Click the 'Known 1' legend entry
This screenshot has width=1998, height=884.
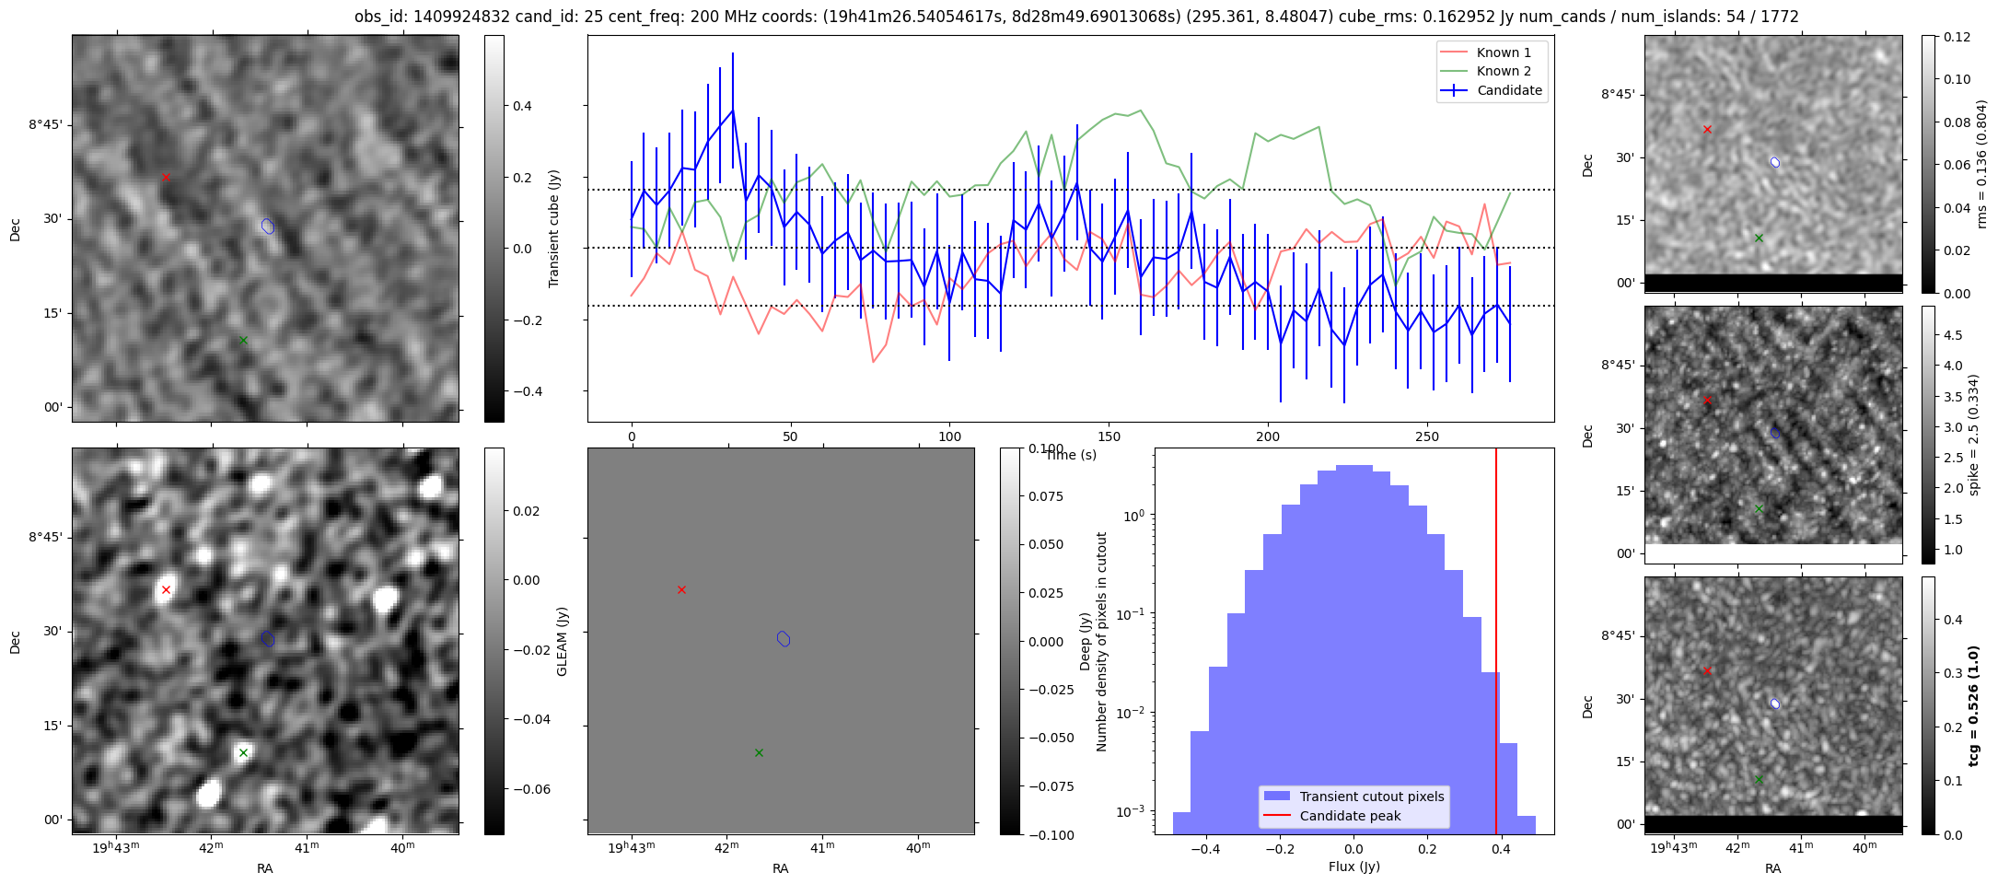(1504, 52)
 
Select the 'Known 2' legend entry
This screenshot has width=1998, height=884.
(1504, 71)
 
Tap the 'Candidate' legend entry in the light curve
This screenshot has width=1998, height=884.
(1509, 90)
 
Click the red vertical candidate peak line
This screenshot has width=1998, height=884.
(1496, 645)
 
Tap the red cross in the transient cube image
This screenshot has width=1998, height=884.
(166, 177)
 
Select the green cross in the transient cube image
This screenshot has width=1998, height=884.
(243, 340)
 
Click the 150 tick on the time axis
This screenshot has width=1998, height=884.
(1109, 436)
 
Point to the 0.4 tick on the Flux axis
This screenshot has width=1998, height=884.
(1501, 849)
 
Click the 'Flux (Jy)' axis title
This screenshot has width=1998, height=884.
(1353, 867)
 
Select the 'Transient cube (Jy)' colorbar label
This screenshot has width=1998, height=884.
(554, 228)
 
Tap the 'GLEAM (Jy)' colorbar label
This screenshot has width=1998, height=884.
(562, 641)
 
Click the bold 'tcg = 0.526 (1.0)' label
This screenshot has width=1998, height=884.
(1973, 705)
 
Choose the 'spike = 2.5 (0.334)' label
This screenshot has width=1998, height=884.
(1973, 435)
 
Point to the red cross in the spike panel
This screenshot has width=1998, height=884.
(1707, 401)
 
